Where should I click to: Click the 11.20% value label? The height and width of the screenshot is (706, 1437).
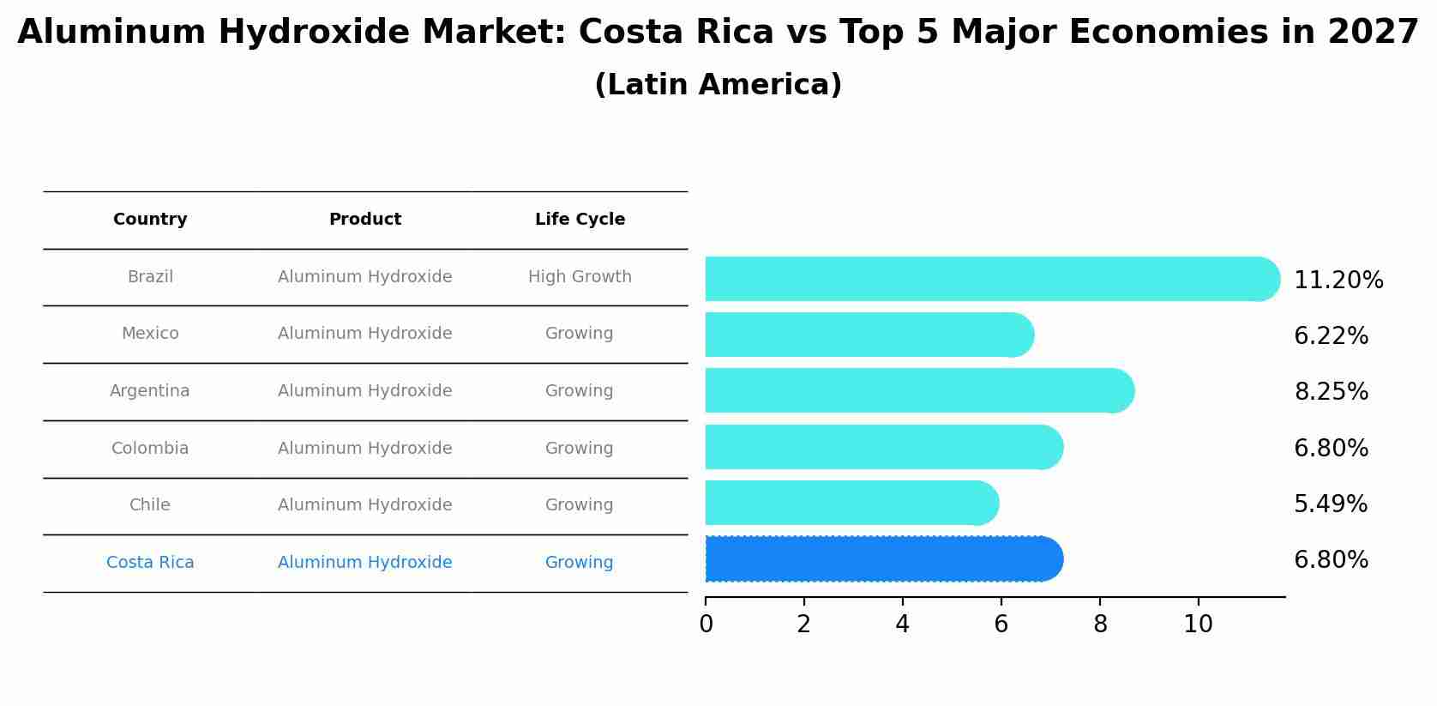(x=1338, y=281)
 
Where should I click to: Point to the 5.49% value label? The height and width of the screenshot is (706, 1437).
(x=1330, y=504)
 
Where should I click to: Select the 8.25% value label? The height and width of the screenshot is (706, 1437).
(x=1331, y=392)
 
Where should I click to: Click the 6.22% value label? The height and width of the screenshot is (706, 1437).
(x=1331, y=336)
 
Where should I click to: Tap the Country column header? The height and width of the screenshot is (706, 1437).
(x=150, y=220)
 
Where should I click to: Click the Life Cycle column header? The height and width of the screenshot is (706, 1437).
(x=580, y=220)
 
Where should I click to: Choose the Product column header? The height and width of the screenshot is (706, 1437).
(x=364, y=220)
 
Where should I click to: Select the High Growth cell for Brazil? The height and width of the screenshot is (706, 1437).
(x=580, y=277)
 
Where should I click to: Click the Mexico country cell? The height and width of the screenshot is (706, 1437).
(x=150, y=334)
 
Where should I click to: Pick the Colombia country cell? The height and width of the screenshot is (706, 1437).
(x=150, y=449)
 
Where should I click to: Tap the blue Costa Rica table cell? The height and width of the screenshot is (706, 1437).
(x=150, y=563)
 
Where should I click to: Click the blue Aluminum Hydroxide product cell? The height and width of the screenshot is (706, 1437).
(x=364, y=563)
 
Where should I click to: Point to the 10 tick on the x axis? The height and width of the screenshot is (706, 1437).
(x=1198, y=625)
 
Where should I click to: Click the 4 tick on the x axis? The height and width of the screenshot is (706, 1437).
(x=902, y=625)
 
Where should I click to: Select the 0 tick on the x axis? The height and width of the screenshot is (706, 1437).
(x=706, y=625)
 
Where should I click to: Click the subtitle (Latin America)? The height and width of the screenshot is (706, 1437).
(x=718, y=85)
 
